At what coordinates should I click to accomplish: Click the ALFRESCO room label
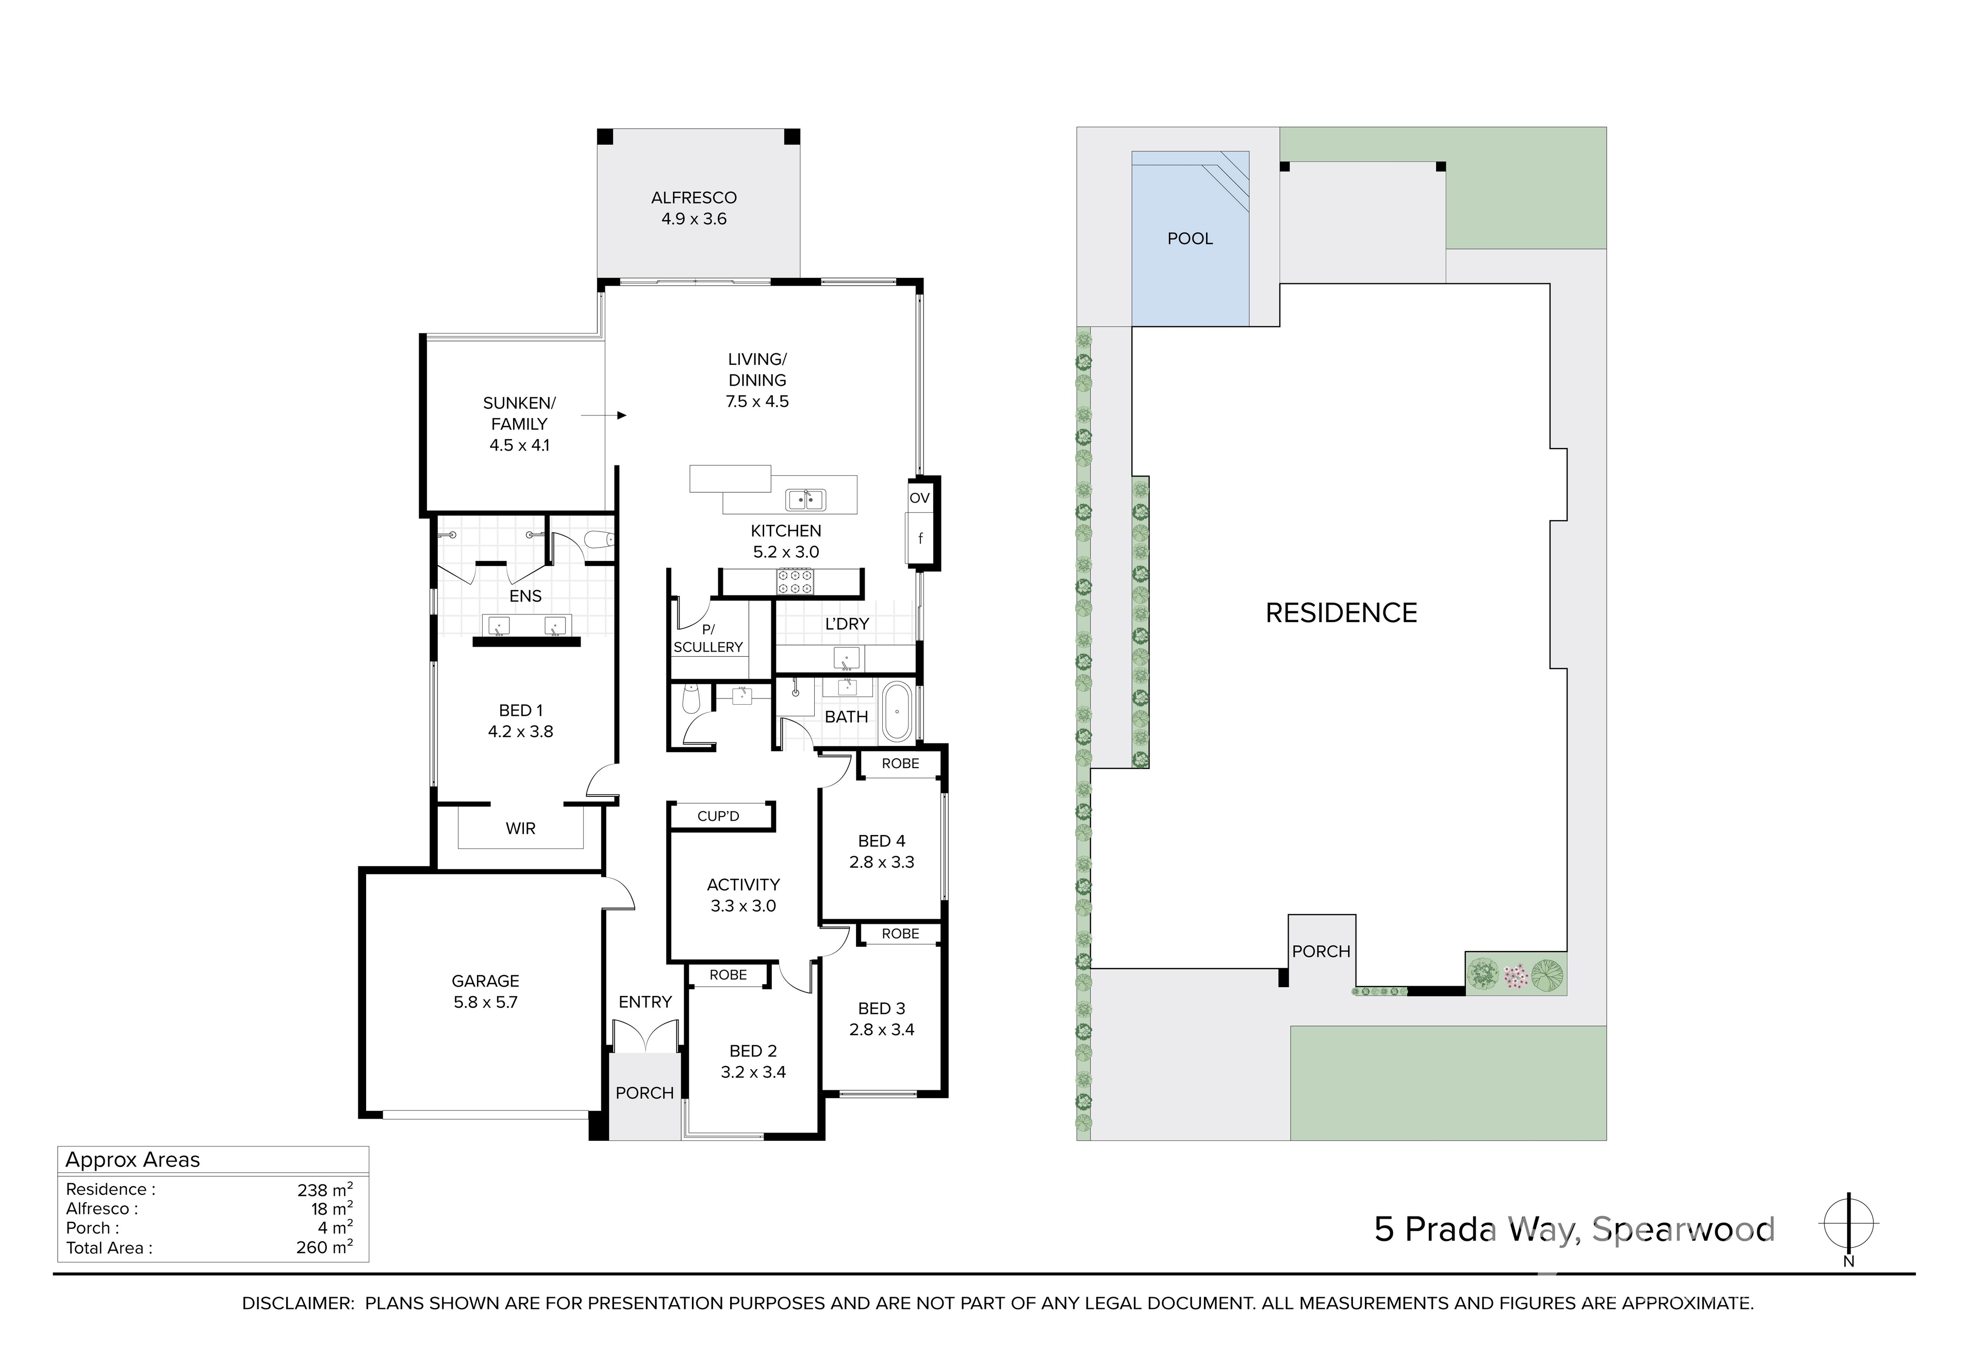click(x=694, y=197)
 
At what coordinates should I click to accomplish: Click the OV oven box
click(x=919, y=498)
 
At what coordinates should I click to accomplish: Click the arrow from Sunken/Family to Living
click(x=604, y=415)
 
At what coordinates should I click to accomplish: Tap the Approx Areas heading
click(x=133, y=1160)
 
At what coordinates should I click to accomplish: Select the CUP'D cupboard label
click(x=718, y=816)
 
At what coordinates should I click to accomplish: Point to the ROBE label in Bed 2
click(x=728, y=974)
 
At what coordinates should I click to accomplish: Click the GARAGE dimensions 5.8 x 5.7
click(x=486, y=1003)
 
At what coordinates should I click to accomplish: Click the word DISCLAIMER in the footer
click(x=298, y=1304)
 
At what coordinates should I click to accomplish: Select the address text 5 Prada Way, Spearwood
click(x=1575, y=1230)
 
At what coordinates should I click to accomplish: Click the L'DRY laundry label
click(x=847, y=624)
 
